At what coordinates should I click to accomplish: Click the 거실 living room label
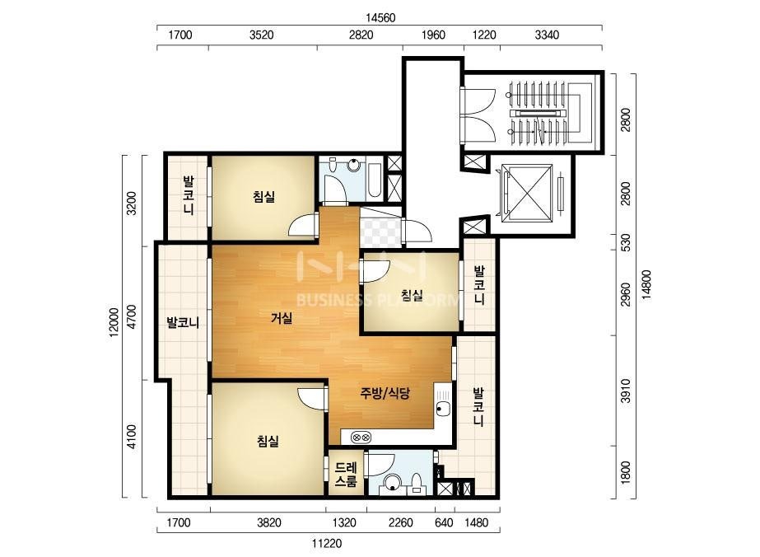coord(282,318)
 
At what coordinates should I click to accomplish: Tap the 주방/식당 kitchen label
coord(385,392)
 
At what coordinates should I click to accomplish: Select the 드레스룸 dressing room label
coord(346,475)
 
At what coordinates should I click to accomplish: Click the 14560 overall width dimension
coord(380,18)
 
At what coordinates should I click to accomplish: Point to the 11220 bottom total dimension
coord(327,544)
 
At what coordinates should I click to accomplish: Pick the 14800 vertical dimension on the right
coord(646,285)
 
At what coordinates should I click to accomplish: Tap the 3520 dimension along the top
coord(261,35)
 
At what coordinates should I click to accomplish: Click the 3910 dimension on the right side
coord(625,391)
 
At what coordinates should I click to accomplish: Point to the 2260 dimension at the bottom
coord(401,523)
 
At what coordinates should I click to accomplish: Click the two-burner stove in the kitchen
coord(361,438)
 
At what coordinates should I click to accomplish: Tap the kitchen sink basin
coord(442,409)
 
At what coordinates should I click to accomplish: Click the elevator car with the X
coord(527,193)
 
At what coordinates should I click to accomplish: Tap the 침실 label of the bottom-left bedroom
coord(268,441)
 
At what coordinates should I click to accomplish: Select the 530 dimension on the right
coord(625,242)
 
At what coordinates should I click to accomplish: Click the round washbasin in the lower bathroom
coord(392,483)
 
